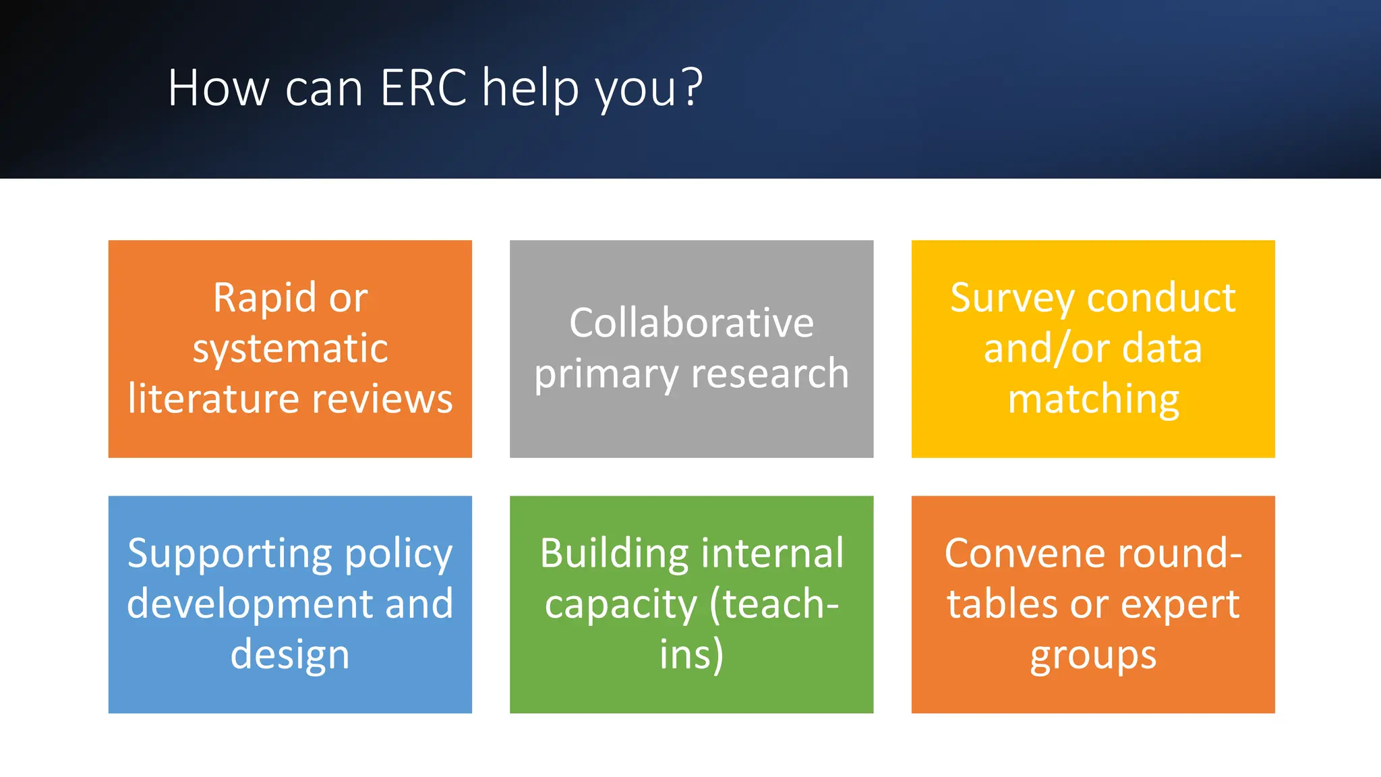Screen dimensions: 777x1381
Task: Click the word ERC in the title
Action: point(423,88)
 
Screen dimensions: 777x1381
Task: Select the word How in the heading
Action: point(218,88)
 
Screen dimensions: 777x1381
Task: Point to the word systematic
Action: point(290,349)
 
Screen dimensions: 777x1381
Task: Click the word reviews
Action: point(382,399)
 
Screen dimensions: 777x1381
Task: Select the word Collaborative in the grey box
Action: point(691,323)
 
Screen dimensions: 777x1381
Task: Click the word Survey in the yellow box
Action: point(1011,298)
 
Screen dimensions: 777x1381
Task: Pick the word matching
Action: point(1093,399)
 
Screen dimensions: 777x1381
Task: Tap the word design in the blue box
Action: point(290,655)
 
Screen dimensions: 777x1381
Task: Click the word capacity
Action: point(620,605)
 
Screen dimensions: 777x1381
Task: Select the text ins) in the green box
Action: point(691,655)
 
